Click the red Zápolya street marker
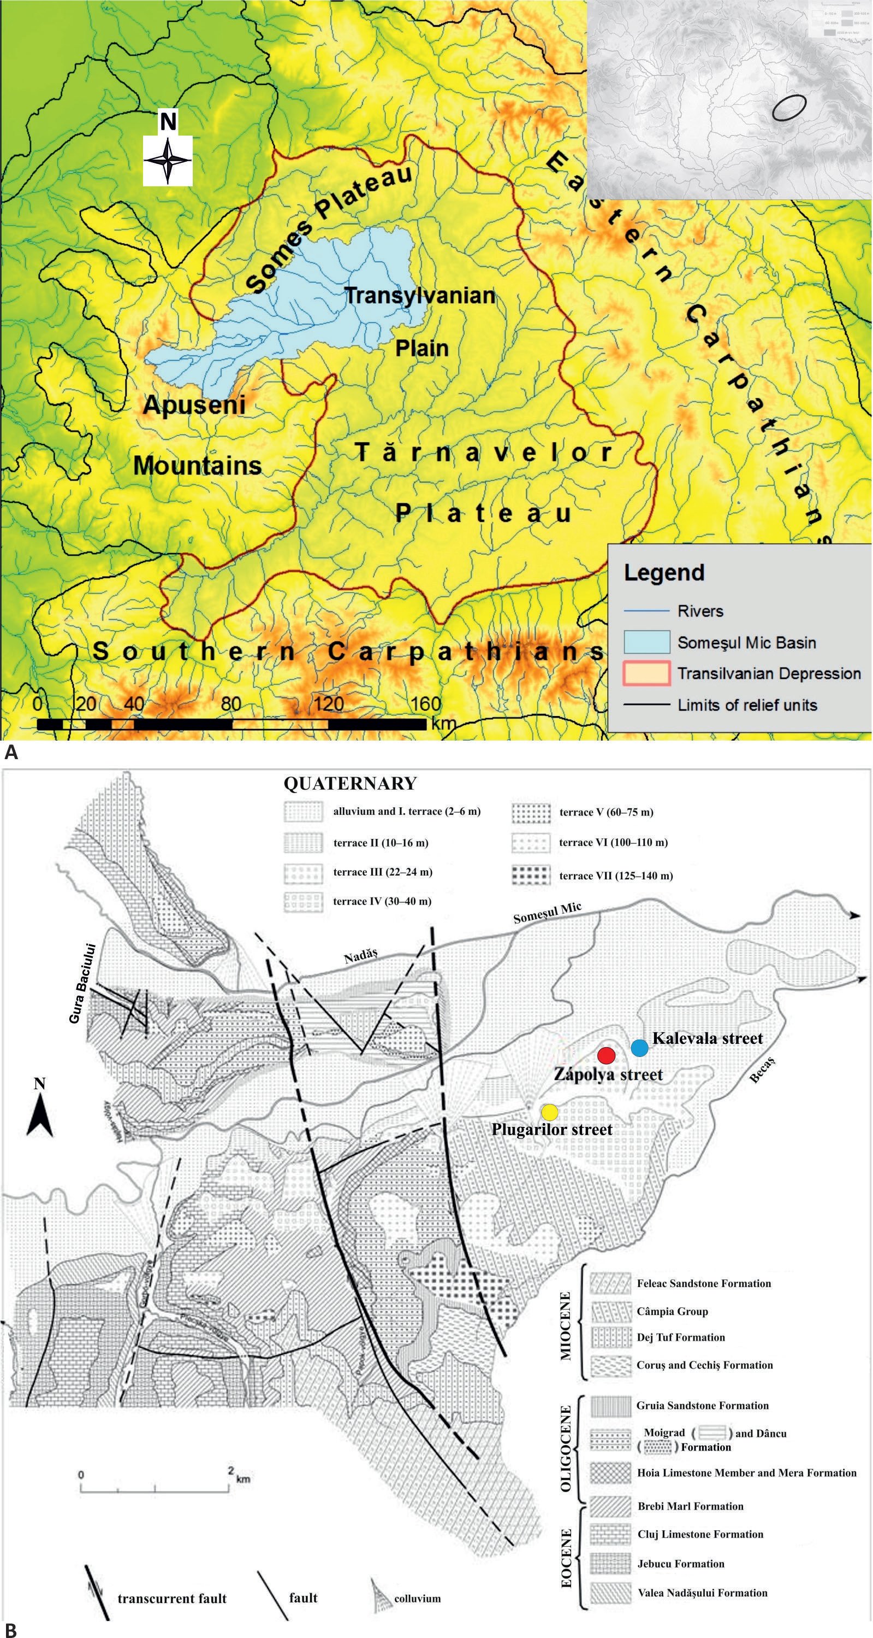click(607, 1055)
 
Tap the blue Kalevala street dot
click(639, 1048)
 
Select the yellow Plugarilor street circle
click(550, 1112)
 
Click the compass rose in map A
click(168, 160)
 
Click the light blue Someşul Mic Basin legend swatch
click(646, 642)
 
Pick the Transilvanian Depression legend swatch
click(646, 673)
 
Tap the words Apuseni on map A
click(194, 404)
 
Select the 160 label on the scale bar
click(425, 704)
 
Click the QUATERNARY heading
click(350, 783)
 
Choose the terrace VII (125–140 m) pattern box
click(531, 876)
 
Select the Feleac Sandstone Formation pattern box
click(610, 1283)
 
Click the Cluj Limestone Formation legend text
click(700, 1534)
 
